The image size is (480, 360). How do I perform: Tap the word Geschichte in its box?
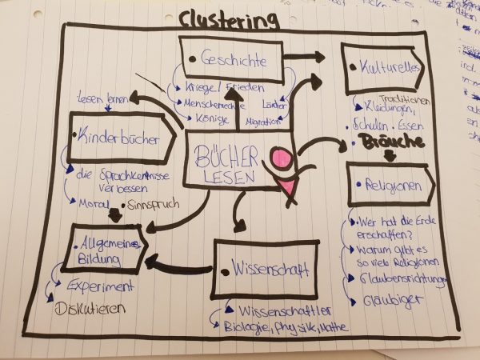click(x=234, y=58)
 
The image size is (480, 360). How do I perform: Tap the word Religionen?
click(x=395, y=186)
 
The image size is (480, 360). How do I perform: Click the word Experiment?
click(x=101, y=286)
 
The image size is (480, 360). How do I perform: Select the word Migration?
click(x=264, y=122)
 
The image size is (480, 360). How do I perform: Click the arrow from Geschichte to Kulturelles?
click(x=306, y=58)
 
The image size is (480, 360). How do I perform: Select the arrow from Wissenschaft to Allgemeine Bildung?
click(x=177, y=266)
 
